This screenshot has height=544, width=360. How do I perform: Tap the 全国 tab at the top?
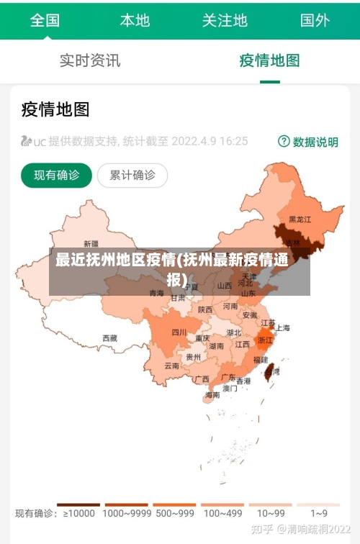(x=45, y=20)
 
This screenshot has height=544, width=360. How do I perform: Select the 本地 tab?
(x=135, y=20)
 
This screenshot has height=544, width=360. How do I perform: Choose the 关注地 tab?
(x=225, y=20)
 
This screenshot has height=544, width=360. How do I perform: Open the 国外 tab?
(x=315, y=20)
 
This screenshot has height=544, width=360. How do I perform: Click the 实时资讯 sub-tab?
(x=90, y=60)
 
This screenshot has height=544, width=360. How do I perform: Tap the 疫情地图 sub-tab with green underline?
(x=269, y=60)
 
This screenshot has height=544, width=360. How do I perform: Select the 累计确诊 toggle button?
(x=132, y=175)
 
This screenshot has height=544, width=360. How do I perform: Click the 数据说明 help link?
(x=308, y=142)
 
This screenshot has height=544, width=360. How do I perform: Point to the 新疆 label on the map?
(x=91, y=243)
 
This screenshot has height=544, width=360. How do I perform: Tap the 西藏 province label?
(x=109, y=337)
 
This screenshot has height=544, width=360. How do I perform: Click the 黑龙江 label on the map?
(x=300, y=219)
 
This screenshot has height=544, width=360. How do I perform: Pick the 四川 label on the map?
(x=179, y=332)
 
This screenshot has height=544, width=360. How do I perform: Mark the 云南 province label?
(x=171, y=366)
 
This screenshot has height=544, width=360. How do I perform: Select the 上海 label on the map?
(x=283, y=328)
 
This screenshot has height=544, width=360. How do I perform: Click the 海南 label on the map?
(x=212, y=395)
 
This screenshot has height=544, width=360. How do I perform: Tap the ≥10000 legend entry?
(x=78, y=513)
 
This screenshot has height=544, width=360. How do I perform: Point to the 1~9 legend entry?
(x=318, y=513)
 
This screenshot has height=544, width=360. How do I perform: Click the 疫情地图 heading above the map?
(x=55, y=109)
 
